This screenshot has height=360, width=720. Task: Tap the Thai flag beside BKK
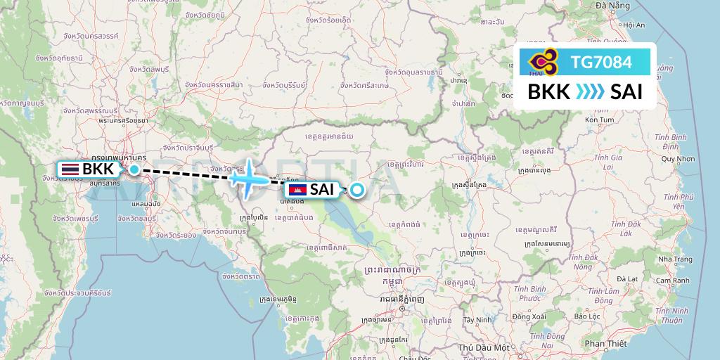tap(70, 169)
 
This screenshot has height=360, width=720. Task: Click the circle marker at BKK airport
tap(134, 169)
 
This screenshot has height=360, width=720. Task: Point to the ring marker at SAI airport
tap(357, 189)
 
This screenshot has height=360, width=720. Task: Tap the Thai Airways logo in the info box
tap(542, 62)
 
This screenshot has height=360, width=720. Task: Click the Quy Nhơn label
tap(677, 159)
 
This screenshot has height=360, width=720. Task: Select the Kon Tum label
tap(599, 120)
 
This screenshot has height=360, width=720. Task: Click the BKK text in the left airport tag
tap(98, 169)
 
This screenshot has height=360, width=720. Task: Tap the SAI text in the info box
tap(626, 92)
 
